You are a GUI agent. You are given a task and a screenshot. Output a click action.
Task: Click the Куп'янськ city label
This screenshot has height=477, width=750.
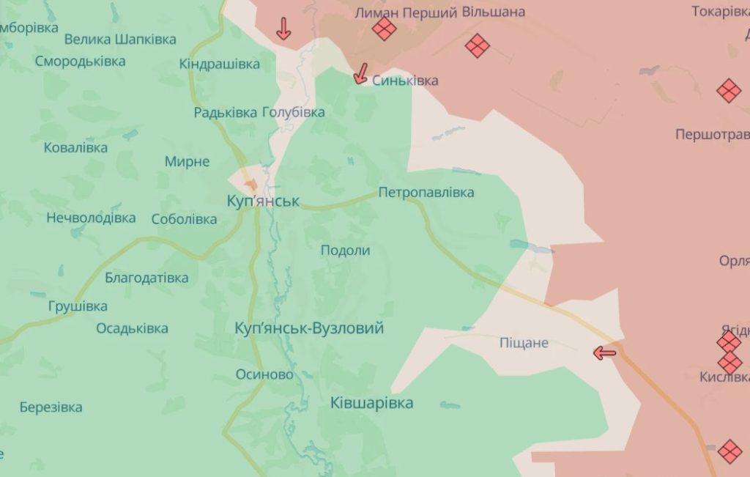coord(263,201)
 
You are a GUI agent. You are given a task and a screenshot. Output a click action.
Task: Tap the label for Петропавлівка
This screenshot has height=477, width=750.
coord(426,193)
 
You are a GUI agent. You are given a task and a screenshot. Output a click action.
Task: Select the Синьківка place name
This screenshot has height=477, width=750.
coord(405,81)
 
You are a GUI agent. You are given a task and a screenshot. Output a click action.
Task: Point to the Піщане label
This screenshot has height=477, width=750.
coord(523,342)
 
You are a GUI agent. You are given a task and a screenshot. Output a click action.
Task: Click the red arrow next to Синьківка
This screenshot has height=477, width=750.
coord(360,73)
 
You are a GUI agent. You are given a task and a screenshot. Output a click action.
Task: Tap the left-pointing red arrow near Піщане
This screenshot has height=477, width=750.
coord(604,354)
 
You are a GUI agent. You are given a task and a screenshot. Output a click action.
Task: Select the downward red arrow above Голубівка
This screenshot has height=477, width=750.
coord(283,29)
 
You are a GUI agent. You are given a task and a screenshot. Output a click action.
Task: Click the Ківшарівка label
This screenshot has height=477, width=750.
coord(371,402)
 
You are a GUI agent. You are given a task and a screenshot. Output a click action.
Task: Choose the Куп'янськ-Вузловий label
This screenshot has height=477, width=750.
coord(309,328)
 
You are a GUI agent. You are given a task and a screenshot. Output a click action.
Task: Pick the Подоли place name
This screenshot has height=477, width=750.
coord(345,250)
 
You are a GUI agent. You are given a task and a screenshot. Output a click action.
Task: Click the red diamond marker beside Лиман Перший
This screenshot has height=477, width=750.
coord(384,29)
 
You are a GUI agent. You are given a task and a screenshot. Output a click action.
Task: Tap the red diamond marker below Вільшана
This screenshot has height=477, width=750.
coord(477,46)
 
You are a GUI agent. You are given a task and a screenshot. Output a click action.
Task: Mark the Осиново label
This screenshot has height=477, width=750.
coord(264,374)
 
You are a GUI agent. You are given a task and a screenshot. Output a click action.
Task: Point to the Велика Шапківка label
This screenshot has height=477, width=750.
coord(120,40)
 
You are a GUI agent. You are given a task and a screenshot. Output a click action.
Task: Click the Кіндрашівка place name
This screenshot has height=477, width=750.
coord(220,64)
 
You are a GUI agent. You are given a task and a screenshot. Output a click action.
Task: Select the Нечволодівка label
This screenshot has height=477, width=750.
coord(91,218)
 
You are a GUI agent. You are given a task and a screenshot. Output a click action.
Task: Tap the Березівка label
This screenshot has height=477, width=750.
coord(51,407)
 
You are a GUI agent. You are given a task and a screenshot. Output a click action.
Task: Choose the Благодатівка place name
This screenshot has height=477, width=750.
coord(146,278)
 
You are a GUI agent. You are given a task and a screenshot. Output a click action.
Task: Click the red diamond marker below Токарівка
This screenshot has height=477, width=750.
coord(728,91)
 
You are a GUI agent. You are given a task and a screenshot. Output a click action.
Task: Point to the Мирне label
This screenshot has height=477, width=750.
coord(187,161)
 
